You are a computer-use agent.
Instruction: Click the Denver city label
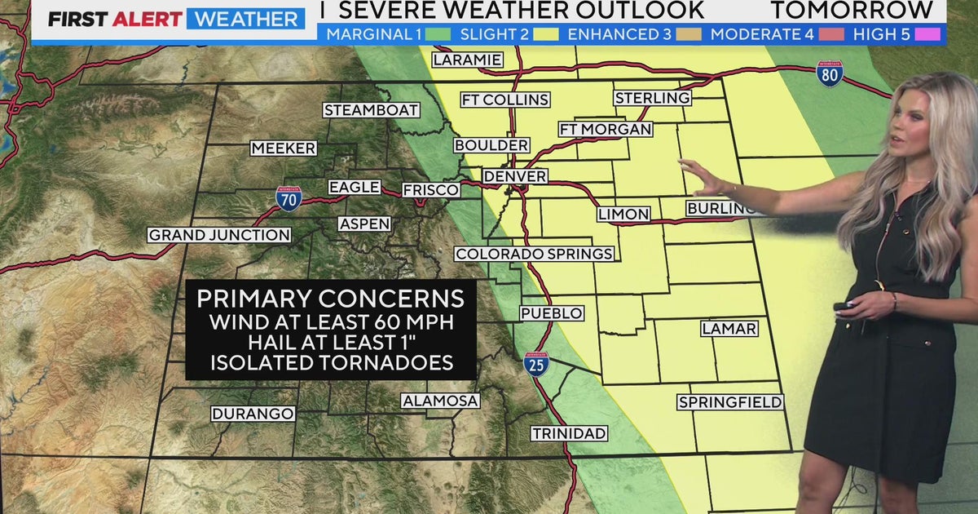point(514,176)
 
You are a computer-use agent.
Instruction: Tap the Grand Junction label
point(219,235)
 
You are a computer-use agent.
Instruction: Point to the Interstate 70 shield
point(289,198)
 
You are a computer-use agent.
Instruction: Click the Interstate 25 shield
point(535,364)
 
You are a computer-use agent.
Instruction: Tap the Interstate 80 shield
point(830,73)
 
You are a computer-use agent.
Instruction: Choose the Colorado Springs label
point(534,254)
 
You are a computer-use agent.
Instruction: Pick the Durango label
point(253,414)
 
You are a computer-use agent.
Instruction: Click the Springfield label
point(730,402)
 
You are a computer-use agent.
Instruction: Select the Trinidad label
point(570,433)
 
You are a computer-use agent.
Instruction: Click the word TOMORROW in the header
point(851,10)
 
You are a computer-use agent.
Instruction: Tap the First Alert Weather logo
point(174,19)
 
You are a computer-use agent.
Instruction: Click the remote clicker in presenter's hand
point(842,307)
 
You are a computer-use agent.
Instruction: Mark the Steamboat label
point(371,110)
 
